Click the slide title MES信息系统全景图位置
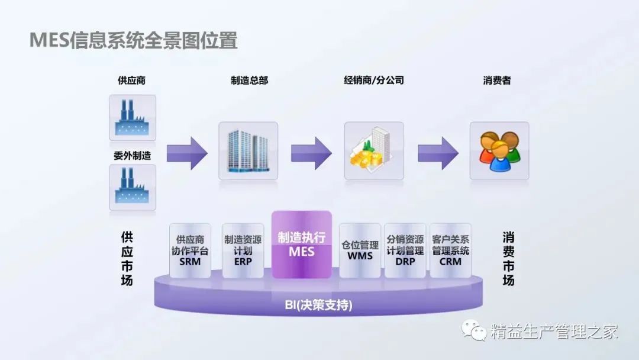(x=133, y=41)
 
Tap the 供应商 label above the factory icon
(x=132, y=81)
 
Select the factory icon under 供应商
(x=133, y=117)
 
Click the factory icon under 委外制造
(x=133, y=187)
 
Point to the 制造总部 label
(x=249, y=81)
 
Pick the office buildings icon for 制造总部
(x=248, y=151)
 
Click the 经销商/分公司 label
(x=374, y=80)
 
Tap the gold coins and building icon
(x=374, y=151)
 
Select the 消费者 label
(x=497, y=81)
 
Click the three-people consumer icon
(x=499, y=151)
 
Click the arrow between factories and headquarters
(x=187, y=152)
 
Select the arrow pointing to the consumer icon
(x=438, y=152)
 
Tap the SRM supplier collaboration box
(x=190, y=250)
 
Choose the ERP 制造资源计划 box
(x=243, y=250)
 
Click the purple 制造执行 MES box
(x=301, y=244)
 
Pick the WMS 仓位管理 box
(x=360, y=250)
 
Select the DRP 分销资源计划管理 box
(x=405, y=250)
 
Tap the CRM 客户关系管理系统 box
(x=450, y=250)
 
